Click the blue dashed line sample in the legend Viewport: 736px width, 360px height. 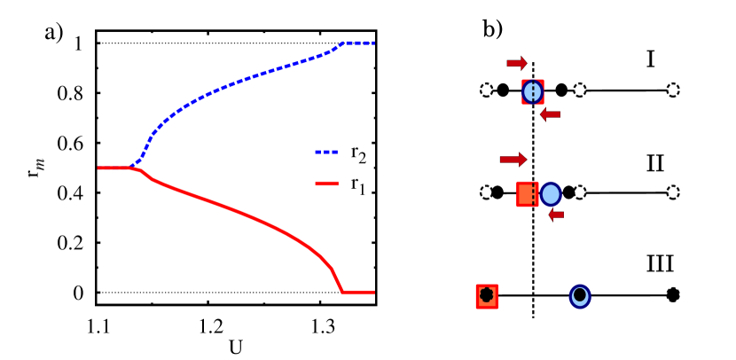coord(326,152)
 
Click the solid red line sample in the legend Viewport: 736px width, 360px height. coord(326,184)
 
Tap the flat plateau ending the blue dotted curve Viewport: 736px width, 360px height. coord(358,43)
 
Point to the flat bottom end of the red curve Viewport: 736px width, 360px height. coord(358,292)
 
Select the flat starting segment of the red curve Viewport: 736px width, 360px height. coord(114,168)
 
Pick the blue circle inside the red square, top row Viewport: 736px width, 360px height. coord(532,91)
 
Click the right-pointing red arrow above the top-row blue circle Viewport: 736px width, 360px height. coord(517,63)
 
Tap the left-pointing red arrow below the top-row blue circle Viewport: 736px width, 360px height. coord(550,114)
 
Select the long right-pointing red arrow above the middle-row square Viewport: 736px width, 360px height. coord(513,160)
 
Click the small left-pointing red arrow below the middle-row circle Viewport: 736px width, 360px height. coord(556,215)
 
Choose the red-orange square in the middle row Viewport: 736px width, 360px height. coord(527,194)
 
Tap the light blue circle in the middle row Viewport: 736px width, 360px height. coord(551,194)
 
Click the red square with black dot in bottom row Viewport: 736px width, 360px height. coord(486,296)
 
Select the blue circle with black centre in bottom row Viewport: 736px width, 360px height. coord(580,296)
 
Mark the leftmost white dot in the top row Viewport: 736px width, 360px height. coord(486,90)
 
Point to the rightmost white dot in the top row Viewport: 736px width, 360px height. coord(673,90)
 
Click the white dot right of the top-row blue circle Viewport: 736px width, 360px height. coord(580,90)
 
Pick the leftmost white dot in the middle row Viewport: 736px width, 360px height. coord(486,192)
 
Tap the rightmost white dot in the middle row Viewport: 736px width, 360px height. coord(673,192)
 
